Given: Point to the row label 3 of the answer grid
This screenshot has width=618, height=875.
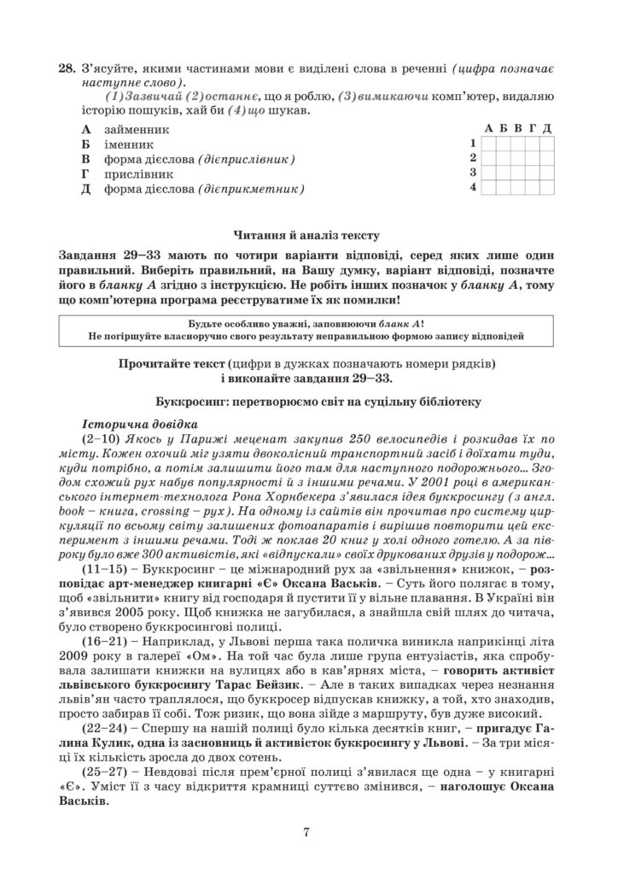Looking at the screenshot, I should pyautogui.click(x=471, y=172).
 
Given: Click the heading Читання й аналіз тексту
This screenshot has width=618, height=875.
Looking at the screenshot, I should pyautogui.click(x=308, y=233).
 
